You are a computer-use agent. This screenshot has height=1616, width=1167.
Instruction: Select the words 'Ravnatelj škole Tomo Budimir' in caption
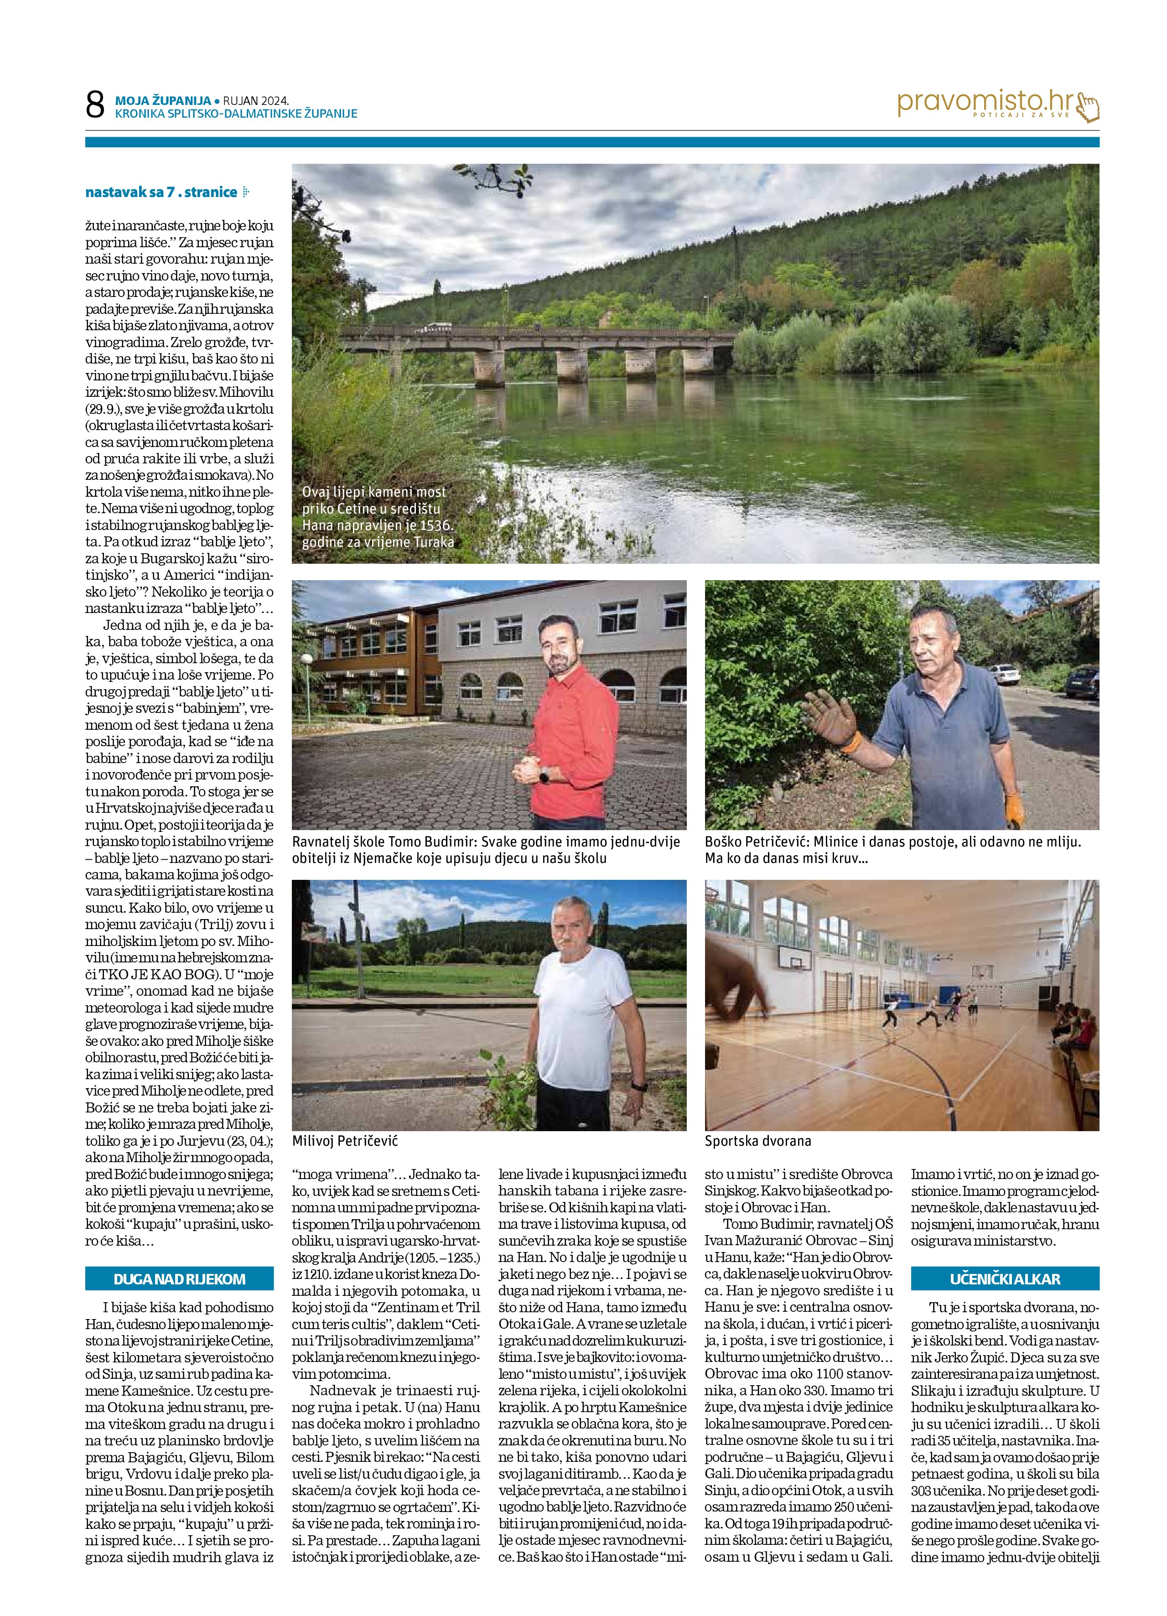tap(379, 842)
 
